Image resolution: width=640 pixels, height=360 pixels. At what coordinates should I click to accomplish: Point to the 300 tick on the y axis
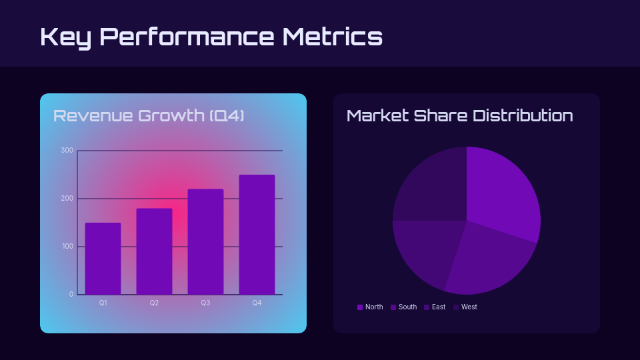click(67, 151)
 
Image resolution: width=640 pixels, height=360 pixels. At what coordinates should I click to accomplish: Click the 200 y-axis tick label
click(67, 199)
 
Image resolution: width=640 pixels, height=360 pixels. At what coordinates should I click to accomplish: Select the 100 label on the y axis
click(67, 247)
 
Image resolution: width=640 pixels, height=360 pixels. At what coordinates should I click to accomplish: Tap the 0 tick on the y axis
click(71, 295)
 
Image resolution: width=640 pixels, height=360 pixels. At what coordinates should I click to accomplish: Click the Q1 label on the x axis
click(103, 303)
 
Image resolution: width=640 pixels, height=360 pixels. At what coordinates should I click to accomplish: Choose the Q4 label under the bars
click(257, 303)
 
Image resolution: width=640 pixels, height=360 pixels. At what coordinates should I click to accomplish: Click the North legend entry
click(370, 307)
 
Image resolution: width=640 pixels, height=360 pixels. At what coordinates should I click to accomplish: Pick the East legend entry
click(435, 307)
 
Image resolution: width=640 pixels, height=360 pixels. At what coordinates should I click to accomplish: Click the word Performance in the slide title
click(187, 36)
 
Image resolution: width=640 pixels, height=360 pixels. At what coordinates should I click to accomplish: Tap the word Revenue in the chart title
click(93, 115)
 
